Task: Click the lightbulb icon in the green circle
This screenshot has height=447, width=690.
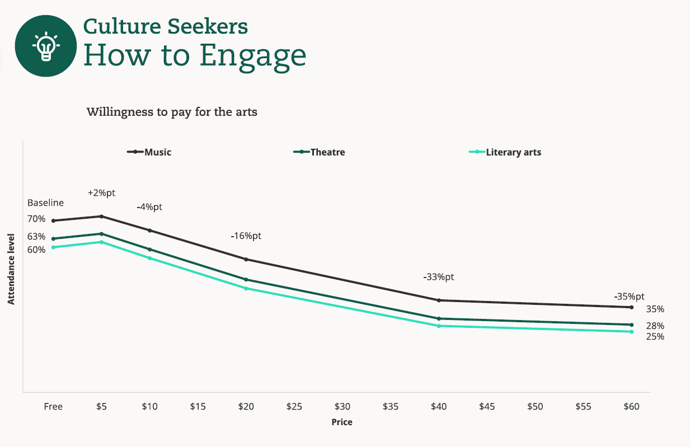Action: [x=45, y=46]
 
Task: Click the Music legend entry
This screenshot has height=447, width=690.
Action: [x=149, y=152]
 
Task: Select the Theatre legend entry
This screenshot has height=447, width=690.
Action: [x=320, y=152]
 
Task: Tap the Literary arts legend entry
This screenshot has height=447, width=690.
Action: [x=505, y=152]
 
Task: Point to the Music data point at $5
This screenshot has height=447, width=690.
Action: [x=101, y=216]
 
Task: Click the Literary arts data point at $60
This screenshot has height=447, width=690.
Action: [x=631, y=332]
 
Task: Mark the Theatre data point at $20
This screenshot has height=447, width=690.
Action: [x=246, y=279]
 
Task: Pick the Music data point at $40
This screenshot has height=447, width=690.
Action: [x=439, y=300]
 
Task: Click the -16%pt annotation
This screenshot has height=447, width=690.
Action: [x=246, y=236]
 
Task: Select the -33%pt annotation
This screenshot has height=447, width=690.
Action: [x=439, y=277]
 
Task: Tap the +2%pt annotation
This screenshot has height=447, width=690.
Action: [x=101, y=193]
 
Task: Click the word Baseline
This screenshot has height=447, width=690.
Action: [x=45, y=203]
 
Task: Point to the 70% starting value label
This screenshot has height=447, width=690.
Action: [x=36, y=219]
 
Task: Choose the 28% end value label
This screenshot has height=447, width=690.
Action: [x=655, y=326]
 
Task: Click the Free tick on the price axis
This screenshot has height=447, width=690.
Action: [x=53, y=407]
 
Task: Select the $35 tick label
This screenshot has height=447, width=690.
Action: [x=391, y=407]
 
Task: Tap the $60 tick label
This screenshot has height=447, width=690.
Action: [x=631, y=407]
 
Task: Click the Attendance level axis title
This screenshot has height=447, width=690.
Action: [x=11, y=277]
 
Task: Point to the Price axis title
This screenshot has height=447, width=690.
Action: [x=342, y=422]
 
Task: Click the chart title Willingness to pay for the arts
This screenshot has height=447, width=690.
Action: [x=172, y=112]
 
